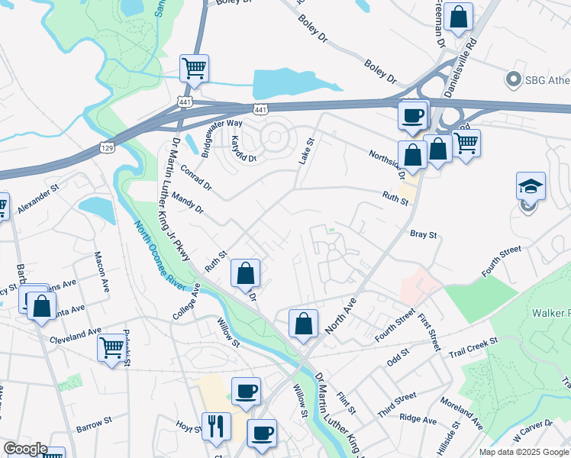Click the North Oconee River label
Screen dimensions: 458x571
pyautogui.click(x=160, y=254)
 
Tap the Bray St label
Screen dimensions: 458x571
pyautogui.click(x=422, y=235)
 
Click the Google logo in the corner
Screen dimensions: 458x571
pyautogui.click(x=24, y=449)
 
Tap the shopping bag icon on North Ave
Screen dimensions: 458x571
pyautogui.click(x=303, y=324)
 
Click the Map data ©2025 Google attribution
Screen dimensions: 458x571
pyautogui.click(x=524, y=452)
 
